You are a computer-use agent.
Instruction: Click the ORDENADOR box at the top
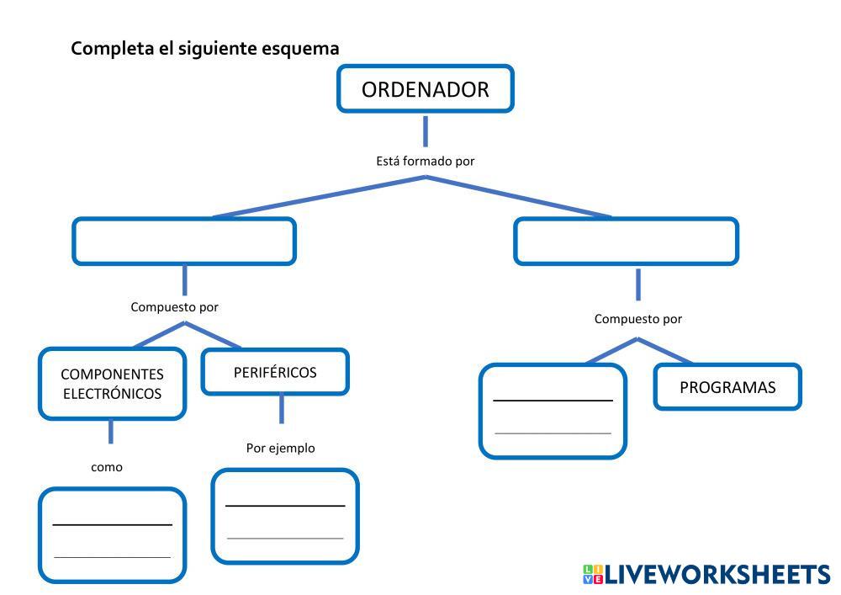coord(425,89)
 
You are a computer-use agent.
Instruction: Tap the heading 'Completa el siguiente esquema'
coord(204,48)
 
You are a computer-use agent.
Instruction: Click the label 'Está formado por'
coord(425,161)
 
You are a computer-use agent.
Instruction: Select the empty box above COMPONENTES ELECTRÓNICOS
coord(184,242)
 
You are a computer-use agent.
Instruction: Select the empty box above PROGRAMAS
coord(626,242)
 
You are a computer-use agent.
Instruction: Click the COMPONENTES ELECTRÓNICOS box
coord(112,384)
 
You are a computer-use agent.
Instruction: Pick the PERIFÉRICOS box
coord(274,372)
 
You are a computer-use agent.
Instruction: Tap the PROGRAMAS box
coord(727,387)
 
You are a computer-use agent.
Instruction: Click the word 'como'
coord(107,467)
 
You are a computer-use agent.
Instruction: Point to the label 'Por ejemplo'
coord(280,448)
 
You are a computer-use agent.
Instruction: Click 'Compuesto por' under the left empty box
coord(174,307)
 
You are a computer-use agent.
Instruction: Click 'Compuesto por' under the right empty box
coord(637,319)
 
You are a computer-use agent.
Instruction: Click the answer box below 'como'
coord(112,535)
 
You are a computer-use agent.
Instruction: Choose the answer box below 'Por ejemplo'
coord(285,516)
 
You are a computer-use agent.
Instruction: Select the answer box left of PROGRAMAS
coord(553,411)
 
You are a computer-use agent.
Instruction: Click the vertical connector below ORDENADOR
coord(426,130)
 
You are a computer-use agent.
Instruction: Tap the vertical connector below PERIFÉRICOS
coord(281,409)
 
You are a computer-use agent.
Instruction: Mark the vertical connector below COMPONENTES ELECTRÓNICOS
coord(110,432)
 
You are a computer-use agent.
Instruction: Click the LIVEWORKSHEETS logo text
coord(717,575)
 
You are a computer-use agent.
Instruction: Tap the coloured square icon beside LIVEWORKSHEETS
coord(592,575)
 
